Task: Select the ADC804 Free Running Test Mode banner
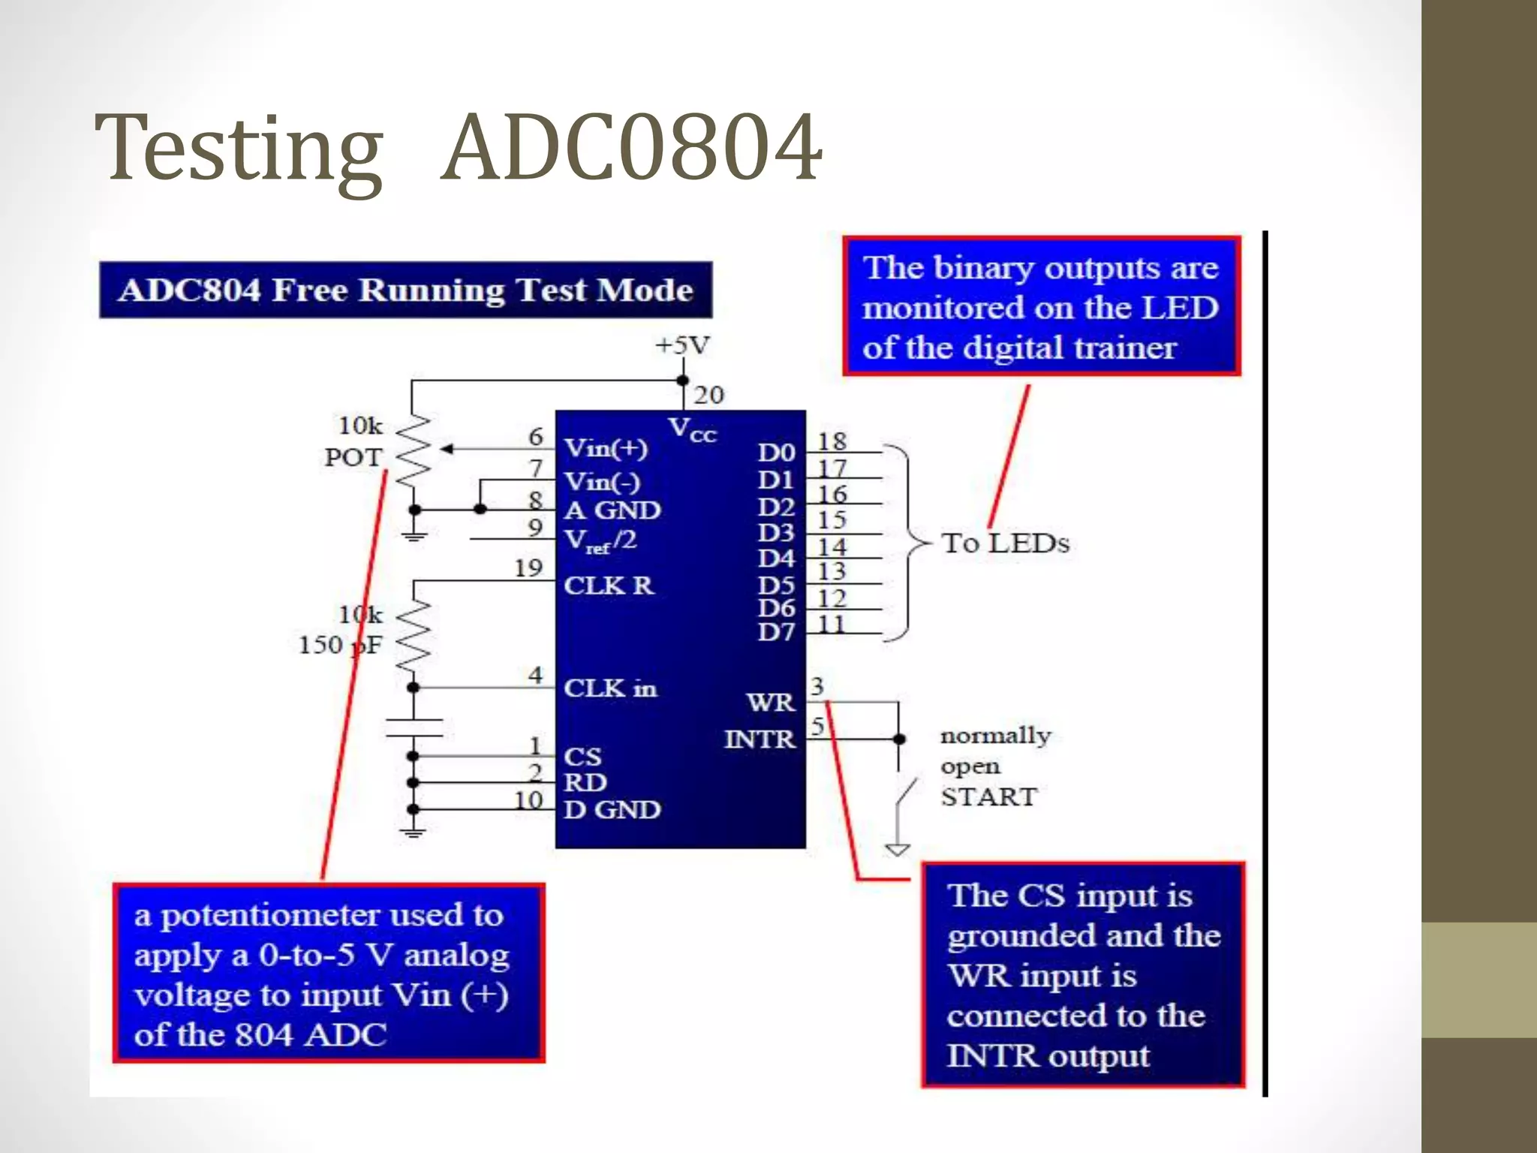click(405, 290)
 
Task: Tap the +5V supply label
click(681, 345)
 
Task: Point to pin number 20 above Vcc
click(708, 395)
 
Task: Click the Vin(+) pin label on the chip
click(606, 448)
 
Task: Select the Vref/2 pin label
click(600, 540)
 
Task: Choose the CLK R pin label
click(609, 586)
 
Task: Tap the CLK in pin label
click(610, 688)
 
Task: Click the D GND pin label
click(612, 810)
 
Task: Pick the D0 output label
click(776, 453)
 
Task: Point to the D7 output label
click(776, 633)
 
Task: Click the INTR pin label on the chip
click(759, 739)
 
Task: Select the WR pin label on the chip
click(770, 703)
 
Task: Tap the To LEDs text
click(1005, 543)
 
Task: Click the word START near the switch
click(988, 796)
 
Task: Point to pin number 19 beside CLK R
click(528, 568)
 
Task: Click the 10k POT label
click(353, 441)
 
